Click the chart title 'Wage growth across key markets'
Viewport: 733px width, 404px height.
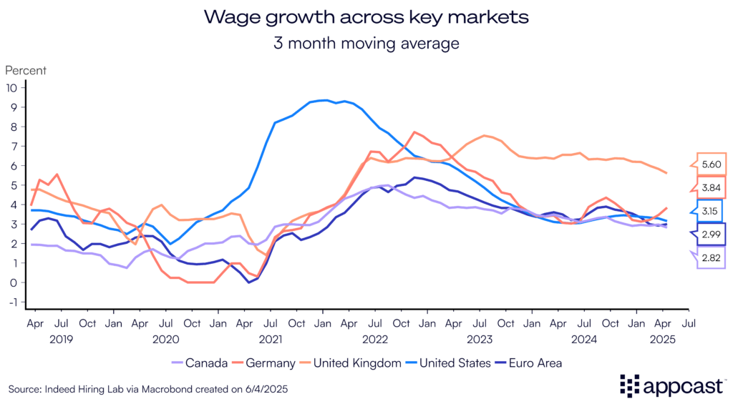(366, 17)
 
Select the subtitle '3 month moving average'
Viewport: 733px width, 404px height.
(366, 43)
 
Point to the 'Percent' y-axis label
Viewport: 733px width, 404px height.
(26, 71)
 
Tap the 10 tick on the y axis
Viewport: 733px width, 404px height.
(11, 88)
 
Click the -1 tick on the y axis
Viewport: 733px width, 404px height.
(11, 302)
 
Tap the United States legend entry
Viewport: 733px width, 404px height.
(457, 363)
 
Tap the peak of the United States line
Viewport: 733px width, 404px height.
(326, 100)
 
